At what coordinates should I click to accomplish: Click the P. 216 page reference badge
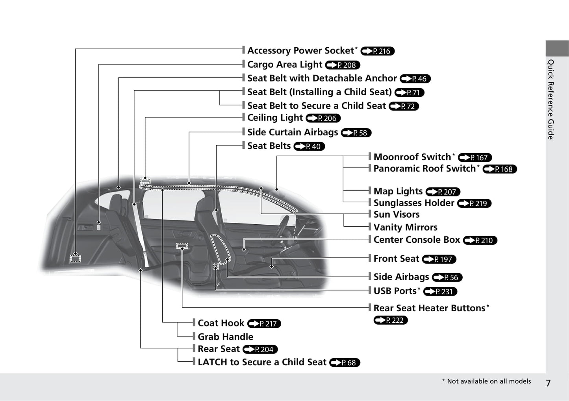tap(377, 51)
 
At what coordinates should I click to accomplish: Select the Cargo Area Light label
tap(285, 65)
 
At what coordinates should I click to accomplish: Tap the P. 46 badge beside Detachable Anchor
tap(415, 79)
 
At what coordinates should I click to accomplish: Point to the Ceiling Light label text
tap(275, 118)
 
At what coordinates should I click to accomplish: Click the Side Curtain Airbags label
tap(293, 132)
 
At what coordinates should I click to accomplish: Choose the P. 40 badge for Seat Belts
tap(310, 146)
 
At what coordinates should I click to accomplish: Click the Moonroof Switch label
tap(412, 157)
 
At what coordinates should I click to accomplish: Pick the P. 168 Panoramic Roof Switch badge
tap(500, 169)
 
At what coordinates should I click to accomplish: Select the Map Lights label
tap(398, 191)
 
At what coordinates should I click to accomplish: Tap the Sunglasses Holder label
tap(413, 203)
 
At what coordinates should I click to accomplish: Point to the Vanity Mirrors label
tap(405, 227)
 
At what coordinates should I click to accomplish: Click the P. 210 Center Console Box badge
tap(480, 240)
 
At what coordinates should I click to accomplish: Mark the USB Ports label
tap(395, 291)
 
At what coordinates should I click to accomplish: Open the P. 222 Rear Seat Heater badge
tap(391, 320)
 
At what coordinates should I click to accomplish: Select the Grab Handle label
tap(225, 337)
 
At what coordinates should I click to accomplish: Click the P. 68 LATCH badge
tap(345, 363)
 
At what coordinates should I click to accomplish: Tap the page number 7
tap(548, 383)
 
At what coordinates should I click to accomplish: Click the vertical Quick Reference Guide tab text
tap(551, 99)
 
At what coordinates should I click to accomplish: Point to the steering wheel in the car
tap(284, 224)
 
